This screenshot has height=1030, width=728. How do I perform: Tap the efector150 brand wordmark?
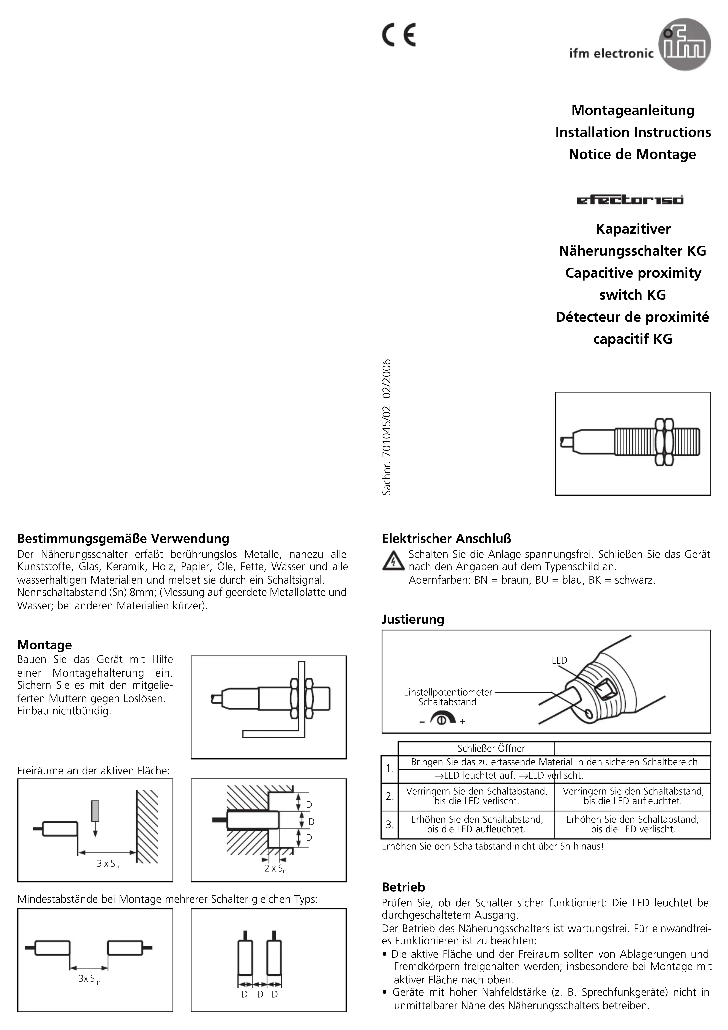pos(630,200)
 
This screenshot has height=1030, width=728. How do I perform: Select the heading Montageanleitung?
pos(632,110)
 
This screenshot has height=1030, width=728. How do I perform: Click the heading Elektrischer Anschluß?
pos(446,538)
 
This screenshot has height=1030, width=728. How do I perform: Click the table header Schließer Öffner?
pos(491,748)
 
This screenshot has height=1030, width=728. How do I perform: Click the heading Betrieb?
pos(403,887)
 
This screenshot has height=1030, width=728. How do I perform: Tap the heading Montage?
pos(44,645)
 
